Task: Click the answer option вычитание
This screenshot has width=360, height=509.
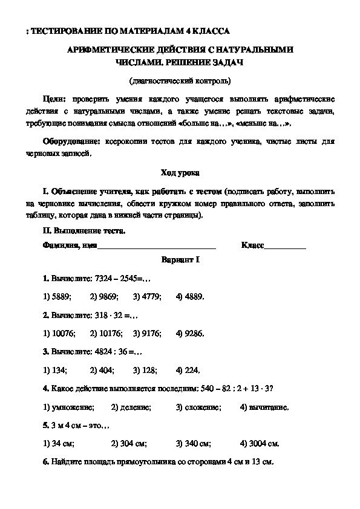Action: coord(264,407)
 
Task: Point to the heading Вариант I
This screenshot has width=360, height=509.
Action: coord(180,259)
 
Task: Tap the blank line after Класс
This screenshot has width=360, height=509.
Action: coord(286,245)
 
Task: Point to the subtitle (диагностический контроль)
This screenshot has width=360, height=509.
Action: coord(180,80)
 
